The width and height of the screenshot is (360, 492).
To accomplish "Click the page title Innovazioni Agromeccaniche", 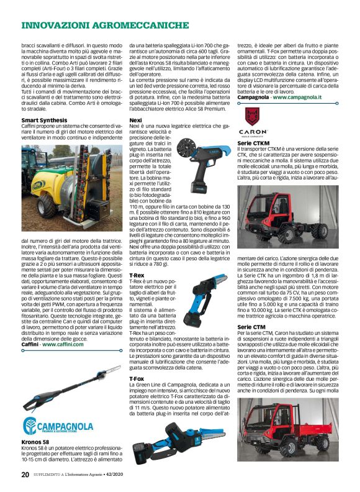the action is tap(105, 25).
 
